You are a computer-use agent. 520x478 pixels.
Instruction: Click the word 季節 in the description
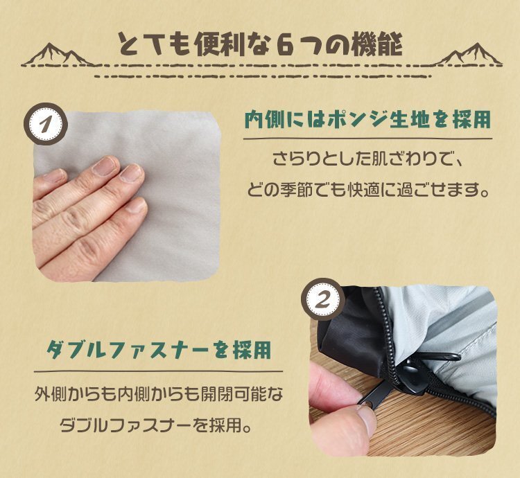coord(316,189)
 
